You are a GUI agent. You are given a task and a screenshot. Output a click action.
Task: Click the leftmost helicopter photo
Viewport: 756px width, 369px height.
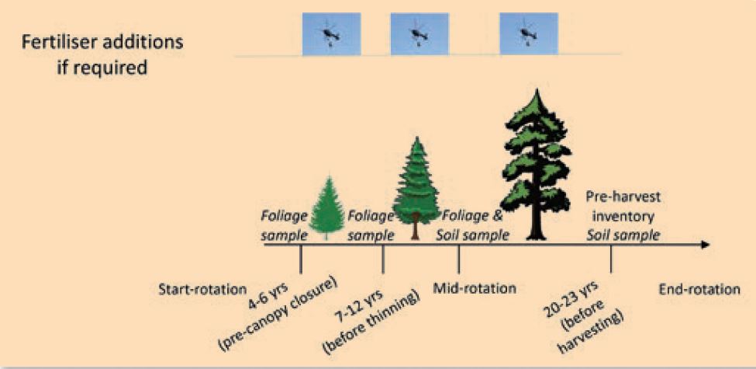(x=331, y=34)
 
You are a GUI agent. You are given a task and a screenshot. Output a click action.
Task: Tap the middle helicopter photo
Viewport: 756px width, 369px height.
(x=419, y=34)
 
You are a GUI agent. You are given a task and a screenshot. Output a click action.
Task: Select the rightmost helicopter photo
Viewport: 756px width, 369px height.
(x=529, y=34)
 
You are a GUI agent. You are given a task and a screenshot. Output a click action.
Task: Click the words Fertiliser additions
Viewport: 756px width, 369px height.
(x=102, y=43)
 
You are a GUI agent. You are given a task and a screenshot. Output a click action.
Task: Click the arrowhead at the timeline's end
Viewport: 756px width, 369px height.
(x=705, y=245)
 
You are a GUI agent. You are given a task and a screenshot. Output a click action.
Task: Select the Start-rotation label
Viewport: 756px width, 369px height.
(x=202, y=290)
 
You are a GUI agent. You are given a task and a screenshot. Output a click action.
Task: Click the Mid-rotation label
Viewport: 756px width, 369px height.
(x=475, y=288)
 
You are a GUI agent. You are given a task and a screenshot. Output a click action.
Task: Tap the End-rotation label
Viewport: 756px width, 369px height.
(x=699, y=290)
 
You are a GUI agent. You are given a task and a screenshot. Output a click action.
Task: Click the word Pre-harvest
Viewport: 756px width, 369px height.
(x=623, y=197)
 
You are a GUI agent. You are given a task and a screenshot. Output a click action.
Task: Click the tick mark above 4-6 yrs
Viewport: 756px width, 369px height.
(x=300, y=259)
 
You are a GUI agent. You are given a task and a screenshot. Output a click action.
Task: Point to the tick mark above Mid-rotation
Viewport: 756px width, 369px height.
(x=458, y=259)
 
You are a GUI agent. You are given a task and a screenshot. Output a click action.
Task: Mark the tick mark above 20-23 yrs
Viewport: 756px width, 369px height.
(x=611, y=259)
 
